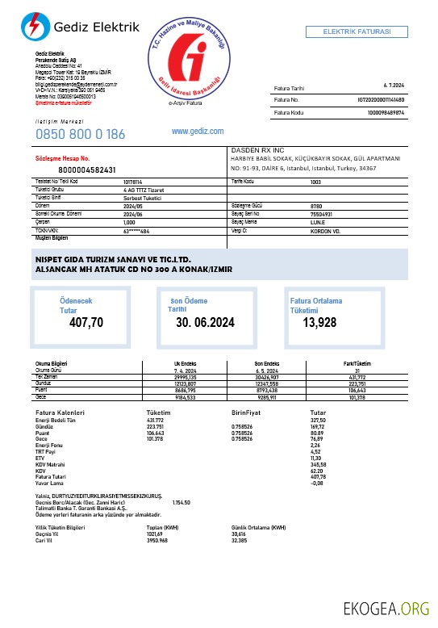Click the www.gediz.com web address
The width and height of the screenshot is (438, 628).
[x=198, y=130]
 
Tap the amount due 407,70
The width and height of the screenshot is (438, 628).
[x=86, y=323]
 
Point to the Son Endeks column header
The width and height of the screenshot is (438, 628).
[x=266, y=363]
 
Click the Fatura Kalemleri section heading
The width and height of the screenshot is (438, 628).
[x=60, y=412]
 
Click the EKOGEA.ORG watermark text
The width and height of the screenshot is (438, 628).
[x=386, y=607]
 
